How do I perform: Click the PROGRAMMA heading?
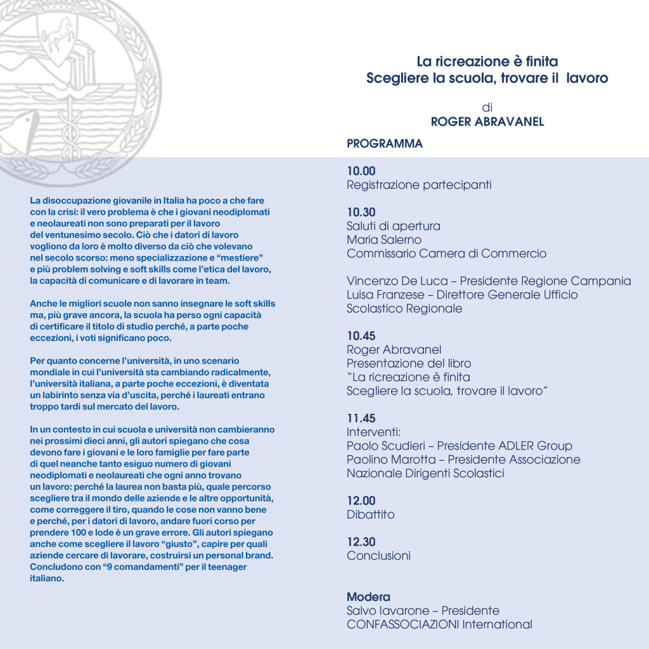click(x=385, y=144)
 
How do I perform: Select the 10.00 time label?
click(x=361, y=170)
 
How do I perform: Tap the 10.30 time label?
click(x=361, y=212)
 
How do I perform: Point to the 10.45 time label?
click(x=361, y=335)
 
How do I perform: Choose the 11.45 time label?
click(x=361, y=418)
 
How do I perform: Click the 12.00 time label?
click(x=361, y=500)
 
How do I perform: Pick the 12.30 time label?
click(x=361, y=541)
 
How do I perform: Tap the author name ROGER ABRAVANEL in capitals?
click(x=487, y=122)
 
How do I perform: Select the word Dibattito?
click(x=371, y=515)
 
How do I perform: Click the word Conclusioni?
click(x=378, y=556)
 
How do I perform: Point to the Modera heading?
click(x=368, y=597)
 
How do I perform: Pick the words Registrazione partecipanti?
click(x=419, y=185)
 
